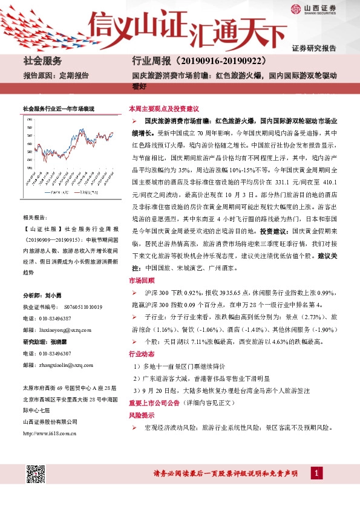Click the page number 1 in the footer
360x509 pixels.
tap(316, 472)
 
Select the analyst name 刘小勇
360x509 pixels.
tap(54, 296)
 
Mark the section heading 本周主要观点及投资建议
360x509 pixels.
tap(164, 109)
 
